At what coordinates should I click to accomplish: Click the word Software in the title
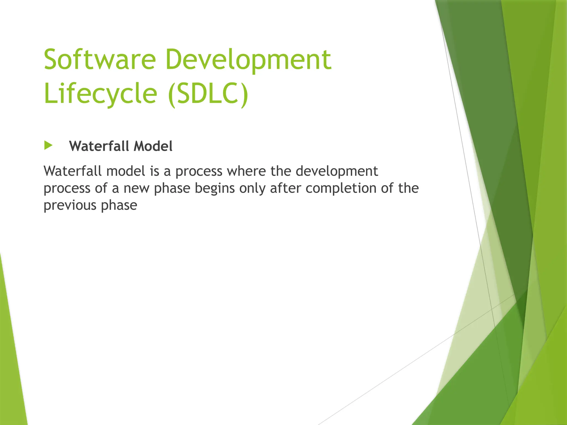coord(100,59)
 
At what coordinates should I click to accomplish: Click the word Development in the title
coord(248,59)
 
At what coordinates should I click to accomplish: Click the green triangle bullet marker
coord(48,146)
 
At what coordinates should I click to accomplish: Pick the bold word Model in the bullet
coord(153,146)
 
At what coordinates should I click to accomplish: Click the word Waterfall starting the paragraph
coord(73,171)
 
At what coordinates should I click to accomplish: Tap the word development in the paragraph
coord(337,171)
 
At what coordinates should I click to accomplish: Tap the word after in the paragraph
coord(285,188)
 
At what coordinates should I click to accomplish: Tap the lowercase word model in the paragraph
coord(126,171)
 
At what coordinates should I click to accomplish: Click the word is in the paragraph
coord(154,171)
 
